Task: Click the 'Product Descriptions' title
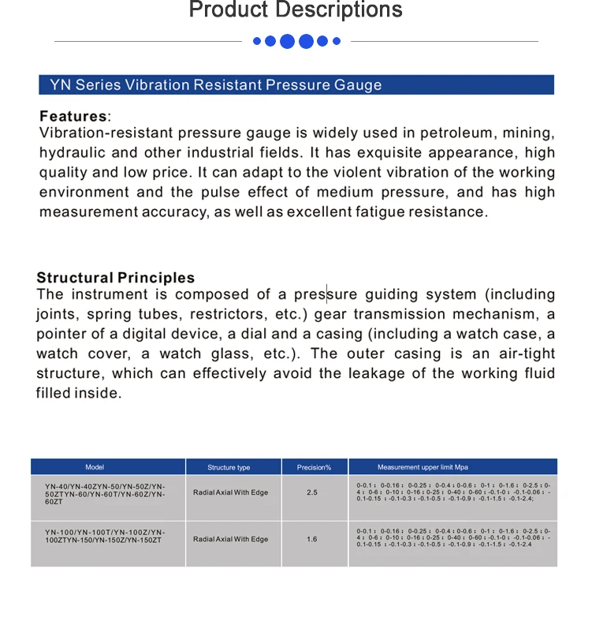point(296,10)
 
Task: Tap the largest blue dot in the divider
point(288,41)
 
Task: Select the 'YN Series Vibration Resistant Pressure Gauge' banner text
point(216,85)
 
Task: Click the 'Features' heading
point(73,116)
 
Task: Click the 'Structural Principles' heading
point(115,278)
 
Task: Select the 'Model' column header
point(95,467)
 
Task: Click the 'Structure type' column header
point(229,467)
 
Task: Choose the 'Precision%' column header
point(314,467)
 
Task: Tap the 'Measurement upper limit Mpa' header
point(423,467)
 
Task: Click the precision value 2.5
point(312,492)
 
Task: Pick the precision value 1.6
point(312,539)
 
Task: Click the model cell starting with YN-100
point(105,536)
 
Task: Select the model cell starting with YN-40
point(105,492)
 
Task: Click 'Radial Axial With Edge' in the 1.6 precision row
point(230,539)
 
